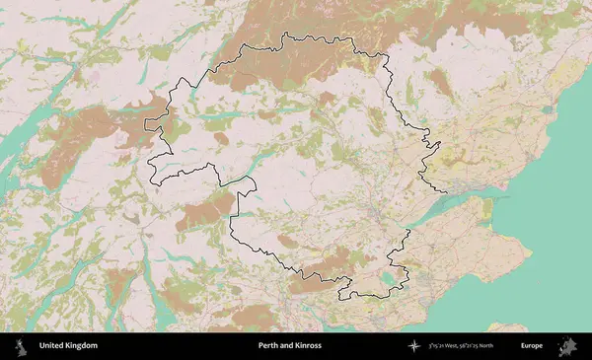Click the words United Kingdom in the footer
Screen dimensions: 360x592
pos(68,346)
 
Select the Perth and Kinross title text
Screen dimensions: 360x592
pos(290,346)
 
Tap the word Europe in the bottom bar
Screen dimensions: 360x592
pos(532,346)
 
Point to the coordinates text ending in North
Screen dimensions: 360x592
pos(465,346)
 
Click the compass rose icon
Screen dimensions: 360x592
pos(414,346)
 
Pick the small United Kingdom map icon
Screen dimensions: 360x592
pos(20,346)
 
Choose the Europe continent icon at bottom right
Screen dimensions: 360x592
pos(570,346)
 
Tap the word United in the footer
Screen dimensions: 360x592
pos(52,346)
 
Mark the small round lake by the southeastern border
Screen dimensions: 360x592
pos(388,280)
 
